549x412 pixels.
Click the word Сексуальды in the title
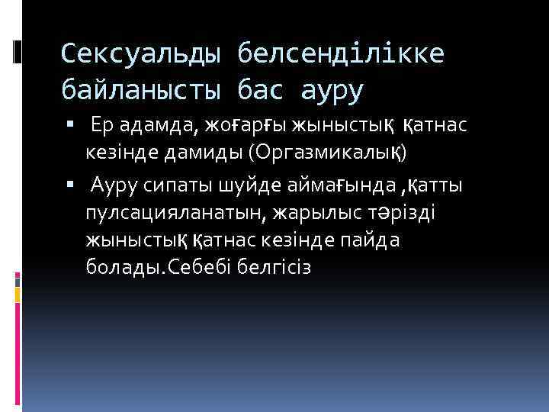click(x=140, y=53)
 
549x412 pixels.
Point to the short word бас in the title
click(x=260, y=91)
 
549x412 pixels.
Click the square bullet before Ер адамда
click(x=70, y=124)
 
